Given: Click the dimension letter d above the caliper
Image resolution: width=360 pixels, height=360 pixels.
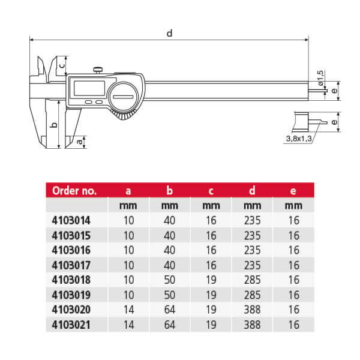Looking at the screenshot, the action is [169, 33].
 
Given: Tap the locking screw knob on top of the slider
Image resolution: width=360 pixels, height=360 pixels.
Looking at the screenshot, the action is [98, 70].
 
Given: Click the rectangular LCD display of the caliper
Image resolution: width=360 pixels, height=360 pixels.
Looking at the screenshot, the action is [89, 88].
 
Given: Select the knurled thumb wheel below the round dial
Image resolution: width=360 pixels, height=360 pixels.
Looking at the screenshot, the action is [124, 114].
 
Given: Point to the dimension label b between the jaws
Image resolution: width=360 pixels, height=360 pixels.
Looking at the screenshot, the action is [54, 125].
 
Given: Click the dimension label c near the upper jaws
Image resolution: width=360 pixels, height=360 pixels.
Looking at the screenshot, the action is [62, 65].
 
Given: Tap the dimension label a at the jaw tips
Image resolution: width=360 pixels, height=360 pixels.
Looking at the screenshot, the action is [79, 142].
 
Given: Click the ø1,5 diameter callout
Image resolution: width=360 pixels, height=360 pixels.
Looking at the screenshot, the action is [320, 78].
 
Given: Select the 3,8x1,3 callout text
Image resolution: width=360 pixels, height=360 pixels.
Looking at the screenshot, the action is [299, 139].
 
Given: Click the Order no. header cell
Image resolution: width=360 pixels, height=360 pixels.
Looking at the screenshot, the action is [74, 191].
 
